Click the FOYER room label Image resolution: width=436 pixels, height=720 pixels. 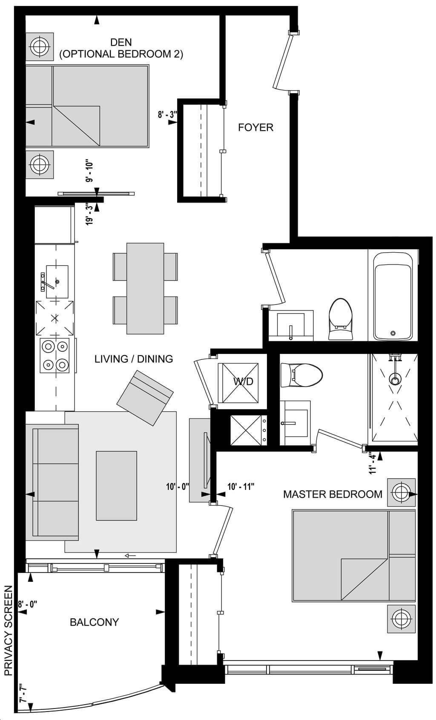[x=255, y=128]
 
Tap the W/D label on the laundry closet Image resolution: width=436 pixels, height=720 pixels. [x=243, y=381]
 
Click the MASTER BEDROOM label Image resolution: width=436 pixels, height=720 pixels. [x=333, y=494]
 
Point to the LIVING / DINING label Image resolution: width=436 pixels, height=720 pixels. [x=134, y=359]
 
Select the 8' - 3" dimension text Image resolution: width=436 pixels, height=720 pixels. [x=167, y=114]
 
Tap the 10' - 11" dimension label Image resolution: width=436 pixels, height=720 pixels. [x=241, y=487]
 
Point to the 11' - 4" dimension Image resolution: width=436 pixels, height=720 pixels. [x=372, y=463]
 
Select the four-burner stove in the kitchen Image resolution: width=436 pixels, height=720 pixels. [x=54, y=356]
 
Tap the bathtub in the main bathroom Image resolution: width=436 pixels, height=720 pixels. [x=393, y=296]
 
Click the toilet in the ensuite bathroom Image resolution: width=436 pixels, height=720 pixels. [x=301, y=376]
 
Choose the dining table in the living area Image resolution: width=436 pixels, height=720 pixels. [x=145, y=289]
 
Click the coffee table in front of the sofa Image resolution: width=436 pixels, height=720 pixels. [x=117, y=486]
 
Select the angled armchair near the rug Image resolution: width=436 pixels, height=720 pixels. [x=145, y=398]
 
